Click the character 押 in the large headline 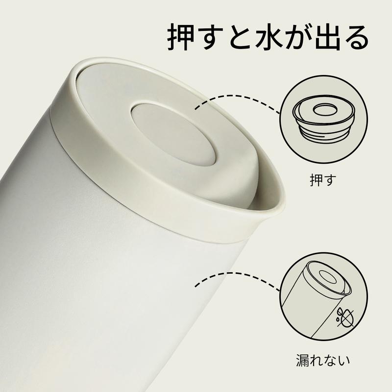click(x=181, y=37)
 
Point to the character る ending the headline click(x=357, y=37)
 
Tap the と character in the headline click(x=240, y=37)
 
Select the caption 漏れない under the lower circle click(x=323, y=360)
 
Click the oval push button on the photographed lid click(x=173, y=133)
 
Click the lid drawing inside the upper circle click(x=323, y=120)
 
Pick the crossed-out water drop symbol click(x=343, y=318)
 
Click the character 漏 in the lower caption click(x=303, y=360)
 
